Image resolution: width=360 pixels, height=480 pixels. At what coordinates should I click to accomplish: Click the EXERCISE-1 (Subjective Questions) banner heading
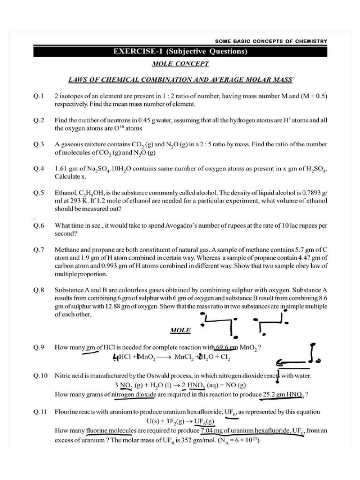[x=180, y=52]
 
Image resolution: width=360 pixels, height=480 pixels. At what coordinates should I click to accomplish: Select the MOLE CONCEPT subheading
[x=180, y=64]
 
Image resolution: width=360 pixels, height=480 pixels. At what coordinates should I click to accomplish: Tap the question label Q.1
[x=38, y=96]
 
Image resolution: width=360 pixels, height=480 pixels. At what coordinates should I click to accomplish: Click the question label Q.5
[x=38, y=193]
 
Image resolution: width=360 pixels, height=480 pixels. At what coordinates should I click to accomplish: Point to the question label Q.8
[x=38, y=290]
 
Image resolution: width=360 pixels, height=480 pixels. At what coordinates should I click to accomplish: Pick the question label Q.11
[x=40, y=412]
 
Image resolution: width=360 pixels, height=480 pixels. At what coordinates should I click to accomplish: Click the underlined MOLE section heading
[x=180, y=330]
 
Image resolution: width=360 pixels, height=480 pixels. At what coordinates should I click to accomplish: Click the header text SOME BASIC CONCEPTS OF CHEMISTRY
[x=274, y=41]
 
